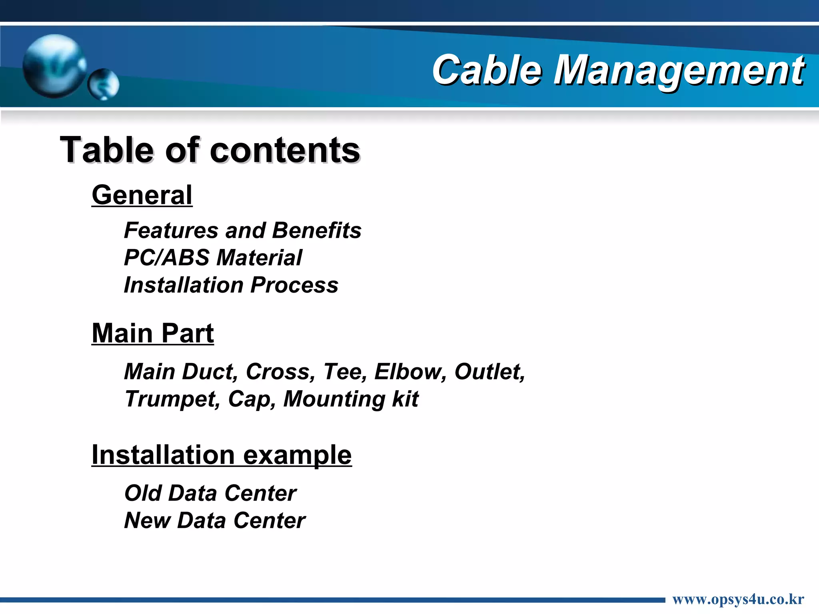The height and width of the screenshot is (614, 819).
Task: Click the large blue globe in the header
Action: pyautogui.click(x=54, y=66)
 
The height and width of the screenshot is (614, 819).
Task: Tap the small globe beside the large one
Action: pyautogui.click(x=104, y=84)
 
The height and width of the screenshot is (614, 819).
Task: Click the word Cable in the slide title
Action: pyautogui.click(x=487, y=70)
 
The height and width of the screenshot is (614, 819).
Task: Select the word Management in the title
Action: pyautogui.click(x=679, y=70)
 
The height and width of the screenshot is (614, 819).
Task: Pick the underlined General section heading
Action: pyautogui.click(x=142, y=195)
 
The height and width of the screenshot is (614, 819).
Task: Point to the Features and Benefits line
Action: pyautogui.click(x=243, y=231)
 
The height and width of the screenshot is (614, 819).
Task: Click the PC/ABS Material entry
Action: pyautogui.click(x=213, y=258)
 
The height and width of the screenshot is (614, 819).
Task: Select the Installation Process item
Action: pyautogui.click(x=231, y=285)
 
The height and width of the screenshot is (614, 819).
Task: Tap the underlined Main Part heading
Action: pyautogui.click(x=153, y=333)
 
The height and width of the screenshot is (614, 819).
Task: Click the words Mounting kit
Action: pyautogui.click(x=351, y=399)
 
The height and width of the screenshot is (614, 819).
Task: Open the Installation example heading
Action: pyautogui.click(x=222, y=455)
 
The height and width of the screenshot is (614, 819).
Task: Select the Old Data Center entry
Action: pyautogui.click(x=210, y=493)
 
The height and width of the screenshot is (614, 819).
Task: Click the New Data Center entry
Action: pyautogui.click(x=215, y=520)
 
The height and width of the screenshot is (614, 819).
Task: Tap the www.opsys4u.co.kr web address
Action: pyautogui.click(x=738, y=600)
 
